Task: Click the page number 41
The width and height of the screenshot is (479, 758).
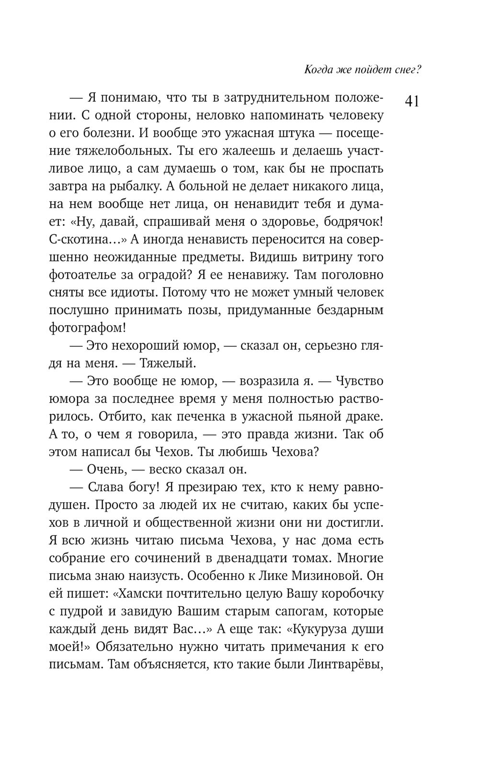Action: pos(411,102)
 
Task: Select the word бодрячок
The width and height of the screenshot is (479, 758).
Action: pos(354,222)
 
